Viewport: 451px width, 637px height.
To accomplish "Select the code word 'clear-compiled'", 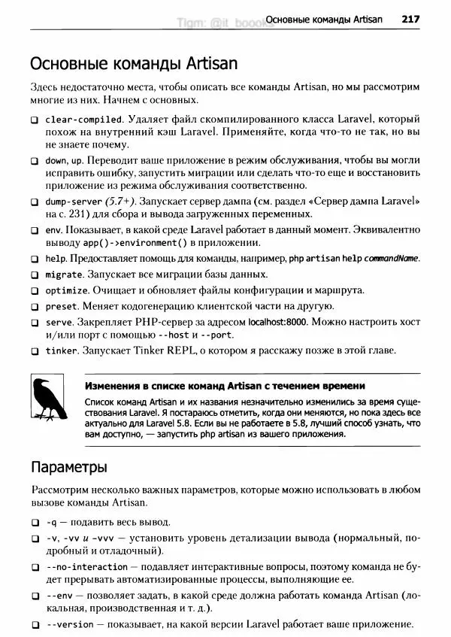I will (x=83, y=120).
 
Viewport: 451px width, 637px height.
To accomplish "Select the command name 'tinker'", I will (x=62, y=350).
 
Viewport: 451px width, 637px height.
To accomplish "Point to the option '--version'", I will (x=69, y=624).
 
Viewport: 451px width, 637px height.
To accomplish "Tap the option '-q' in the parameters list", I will (x=52, y=522).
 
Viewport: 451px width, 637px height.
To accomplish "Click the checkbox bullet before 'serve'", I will (x=35, y=322).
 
